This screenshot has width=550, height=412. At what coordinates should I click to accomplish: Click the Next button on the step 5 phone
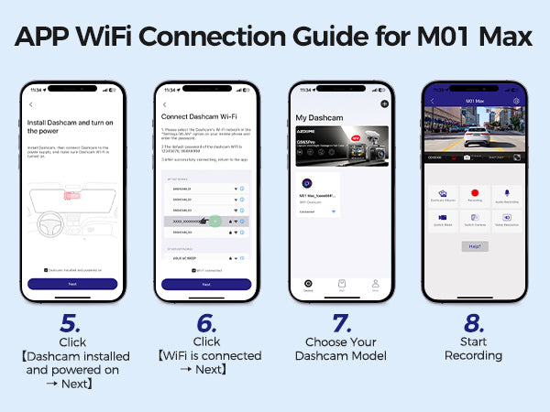coord(71,285)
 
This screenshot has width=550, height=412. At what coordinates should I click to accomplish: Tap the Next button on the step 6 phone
coord(205,285)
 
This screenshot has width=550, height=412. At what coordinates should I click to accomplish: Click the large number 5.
coord(71,322)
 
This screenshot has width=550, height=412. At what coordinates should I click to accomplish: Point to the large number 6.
coord(206,322)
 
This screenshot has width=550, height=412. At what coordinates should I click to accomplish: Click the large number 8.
coord(474,322)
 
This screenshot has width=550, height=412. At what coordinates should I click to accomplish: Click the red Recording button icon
coord(474,194)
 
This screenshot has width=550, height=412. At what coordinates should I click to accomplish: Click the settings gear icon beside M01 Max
coord(517,101)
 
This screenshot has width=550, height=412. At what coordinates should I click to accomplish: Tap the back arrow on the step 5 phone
coord(30,105)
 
